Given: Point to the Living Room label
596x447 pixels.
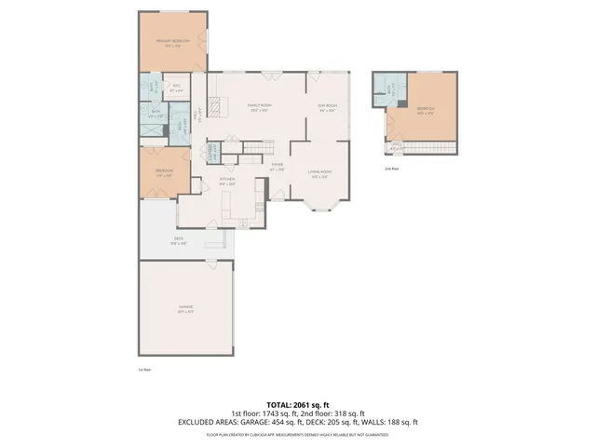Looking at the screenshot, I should pos(320,172).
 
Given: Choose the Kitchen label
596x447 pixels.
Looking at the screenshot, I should pos(226,181).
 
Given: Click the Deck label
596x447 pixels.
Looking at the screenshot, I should pos(178,239).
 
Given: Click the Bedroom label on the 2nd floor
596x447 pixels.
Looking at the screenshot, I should pos(425,110).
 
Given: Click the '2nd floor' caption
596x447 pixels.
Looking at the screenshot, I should pos(391,169).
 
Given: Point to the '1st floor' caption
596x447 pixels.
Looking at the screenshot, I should pos(144,369).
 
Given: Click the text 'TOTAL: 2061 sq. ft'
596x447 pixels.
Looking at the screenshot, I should pos(297,405).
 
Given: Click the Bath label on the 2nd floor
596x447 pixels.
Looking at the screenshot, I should pos(380,89).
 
